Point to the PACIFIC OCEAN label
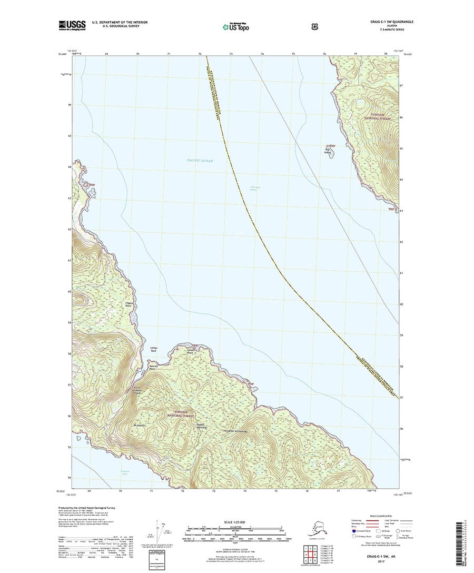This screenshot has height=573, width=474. pos(200,160)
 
